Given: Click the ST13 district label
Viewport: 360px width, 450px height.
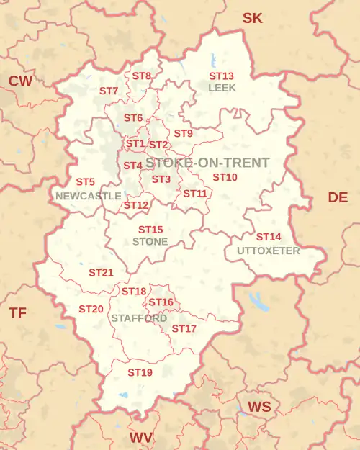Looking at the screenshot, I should coord(221,76).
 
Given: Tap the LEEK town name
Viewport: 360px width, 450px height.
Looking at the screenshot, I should coord(221,87).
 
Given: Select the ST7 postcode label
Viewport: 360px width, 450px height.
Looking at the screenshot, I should coord(109,91).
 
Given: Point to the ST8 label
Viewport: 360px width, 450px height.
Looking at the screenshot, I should coord(142,76).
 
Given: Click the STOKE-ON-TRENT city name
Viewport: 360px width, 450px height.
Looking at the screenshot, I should coord(207,163).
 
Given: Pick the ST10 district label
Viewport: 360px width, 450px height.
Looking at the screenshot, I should coord(225,177).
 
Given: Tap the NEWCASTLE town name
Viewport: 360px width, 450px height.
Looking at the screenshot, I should coord(88,195).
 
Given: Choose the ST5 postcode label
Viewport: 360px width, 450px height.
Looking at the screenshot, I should coord(85,182).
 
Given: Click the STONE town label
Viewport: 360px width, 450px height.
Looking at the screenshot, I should coord(150,241).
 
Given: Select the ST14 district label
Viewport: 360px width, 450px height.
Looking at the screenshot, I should coord(269,237).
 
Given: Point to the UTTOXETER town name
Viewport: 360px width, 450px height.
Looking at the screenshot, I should coord(268,251).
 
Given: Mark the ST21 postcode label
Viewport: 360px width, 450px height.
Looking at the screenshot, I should coord(101,273).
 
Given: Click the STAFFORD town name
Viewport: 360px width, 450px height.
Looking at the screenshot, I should coord(139,318).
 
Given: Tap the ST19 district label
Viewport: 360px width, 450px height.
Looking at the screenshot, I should coord(140,372).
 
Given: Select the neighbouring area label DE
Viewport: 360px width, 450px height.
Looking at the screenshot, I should coord(338,197).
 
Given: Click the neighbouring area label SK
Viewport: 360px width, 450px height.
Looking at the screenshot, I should coord(252,18).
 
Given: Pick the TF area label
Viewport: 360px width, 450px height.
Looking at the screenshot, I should coord(18,312).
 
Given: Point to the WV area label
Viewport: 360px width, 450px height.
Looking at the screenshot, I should coord(141,437).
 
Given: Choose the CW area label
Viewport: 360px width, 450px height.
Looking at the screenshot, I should coord(20,81).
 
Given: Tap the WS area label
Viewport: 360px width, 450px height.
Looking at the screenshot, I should coord(259,407).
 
